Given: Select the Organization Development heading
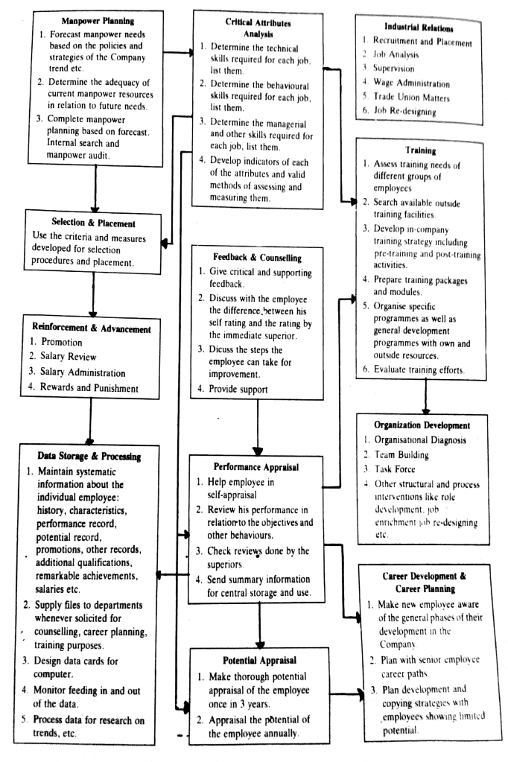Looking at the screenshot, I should click(x=423, y=425).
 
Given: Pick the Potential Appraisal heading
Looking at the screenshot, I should click(x=257, y=661).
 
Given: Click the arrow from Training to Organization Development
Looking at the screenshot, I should click(x=425, y=395).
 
